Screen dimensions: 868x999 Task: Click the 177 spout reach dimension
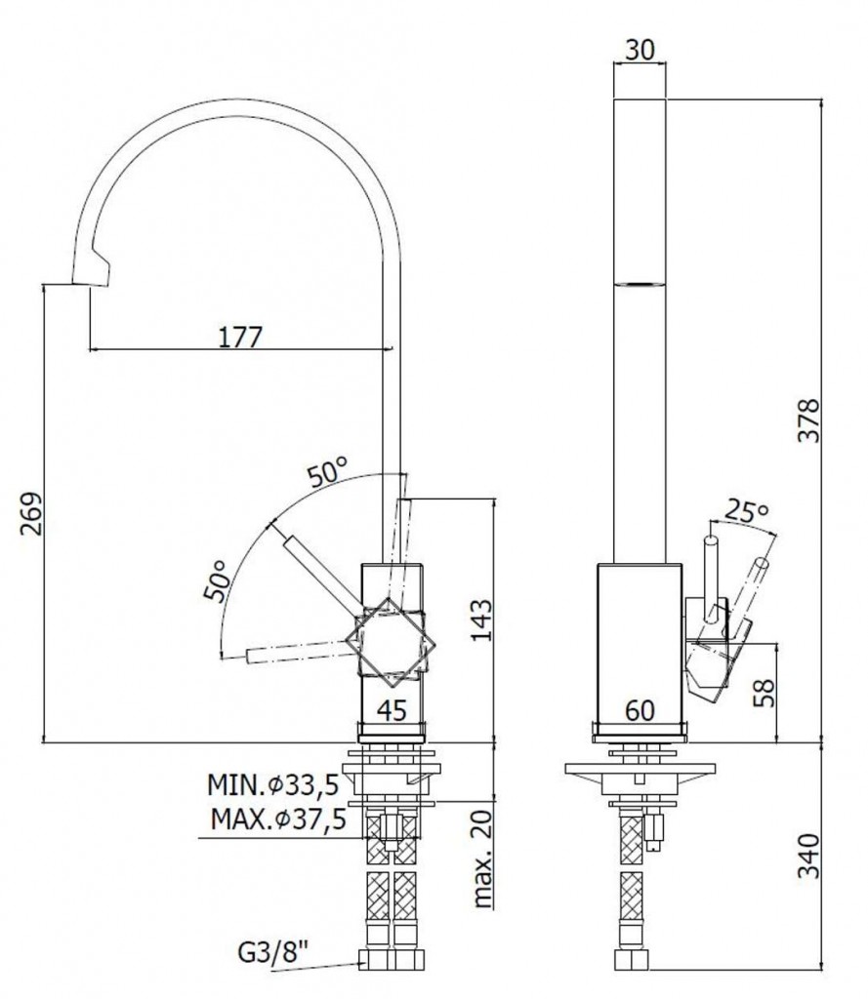(240, 337)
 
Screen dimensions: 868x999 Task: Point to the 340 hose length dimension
(808, 856)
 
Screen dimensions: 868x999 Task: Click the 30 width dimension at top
(640, 49)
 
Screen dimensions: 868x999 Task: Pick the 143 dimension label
(481, 619)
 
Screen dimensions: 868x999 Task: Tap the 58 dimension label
(765, 693)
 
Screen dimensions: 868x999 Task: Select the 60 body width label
(640, 710)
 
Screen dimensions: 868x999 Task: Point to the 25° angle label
(747, 511)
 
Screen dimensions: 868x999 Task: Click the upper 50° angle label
(328, 473)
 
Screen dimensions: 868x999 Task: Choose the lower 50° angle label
(216, 580)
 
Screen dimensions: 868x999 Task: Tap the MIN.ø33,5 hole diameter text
(272, 785)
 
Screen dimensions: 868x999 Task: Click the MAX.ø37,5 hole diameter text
(278, 819)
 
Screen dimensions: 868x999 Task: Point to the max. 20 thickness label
(484, 858)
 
